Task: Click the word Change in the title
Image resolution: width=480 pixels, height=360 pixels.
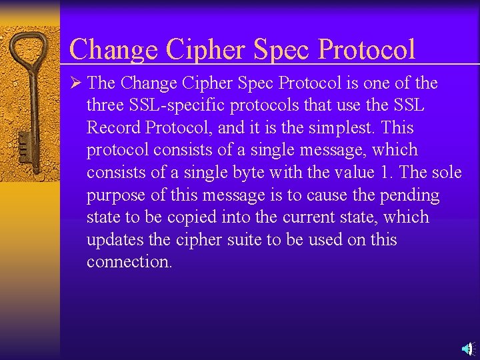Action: [x=114, y=49]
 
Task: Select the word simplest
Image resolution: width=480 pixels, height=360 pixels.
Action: [x=353, y=128]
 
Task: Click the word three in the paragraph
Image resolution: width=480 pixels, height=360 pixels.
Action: [x=104, y=105]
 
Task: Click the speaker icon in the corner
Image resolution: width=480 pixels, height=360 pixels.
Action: [x=467, y=349]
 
